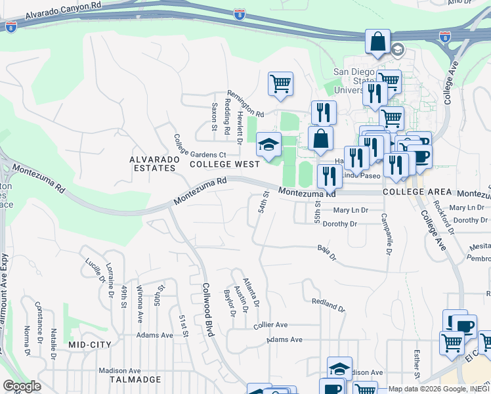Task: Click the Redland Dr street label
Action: pyautogui.click(x=328, y=304)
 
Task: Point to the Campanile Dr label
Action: pyautogui.click(x=385, y=234)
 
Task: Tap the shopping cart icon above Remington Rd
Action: pyautogui.click(x=280, y=84)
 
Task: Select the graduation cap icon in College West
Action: pyautogui.click(x=268, y=145)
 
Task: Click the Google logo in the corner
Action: pyautogui.click(x=22, y=386)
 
